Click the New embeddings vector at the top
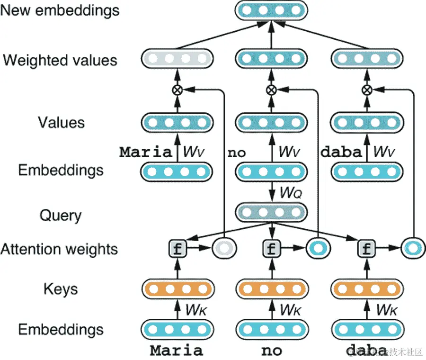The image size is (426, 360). (271, 10)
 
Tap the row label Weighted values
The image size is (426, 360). (60, 61)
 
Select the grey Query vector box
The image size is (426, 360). (271, 212)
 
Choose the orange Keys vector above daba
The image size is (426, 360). (367, 289)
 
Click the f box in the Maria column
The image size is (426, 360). (177, 248)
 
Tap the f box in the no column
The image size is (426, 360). (271, 248)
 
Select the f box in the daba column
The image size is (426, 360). (366, 248)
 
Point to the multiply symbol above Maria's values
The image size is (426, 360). (177, 90)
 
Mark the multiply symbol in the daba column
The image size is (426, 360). (366, 90)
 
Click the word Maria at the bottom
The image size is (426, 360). (177, 351)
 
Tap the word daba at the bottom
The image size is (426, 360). (366, 351)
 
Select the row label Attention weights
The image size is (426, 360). (59, 249)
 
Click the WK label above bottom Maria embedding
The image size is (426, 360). (196, 310)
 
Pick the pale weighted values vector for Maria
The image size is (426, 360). (177, 60)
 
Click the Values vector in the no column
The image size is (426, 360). (271, 123)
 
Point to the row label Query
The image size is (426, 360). (61, 216)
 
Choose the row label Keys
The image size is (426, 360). (61, 289)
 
